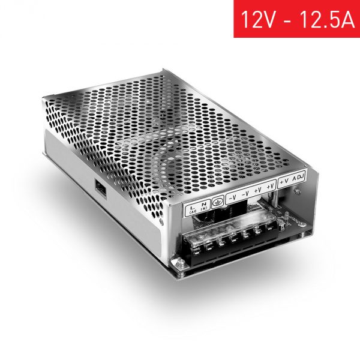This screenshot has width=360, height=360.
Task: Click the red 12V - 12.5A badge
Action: point(296,19)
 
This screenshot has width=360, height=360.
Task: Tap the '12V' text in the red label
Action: point(256,19)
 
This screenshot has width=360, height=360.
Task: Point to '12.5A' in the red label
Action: point(324,19)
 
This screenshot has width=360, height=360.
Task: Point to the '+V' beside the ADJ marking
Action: point(284,180)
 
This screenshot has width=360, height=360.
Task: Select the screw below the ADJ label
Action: point(297,191)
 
